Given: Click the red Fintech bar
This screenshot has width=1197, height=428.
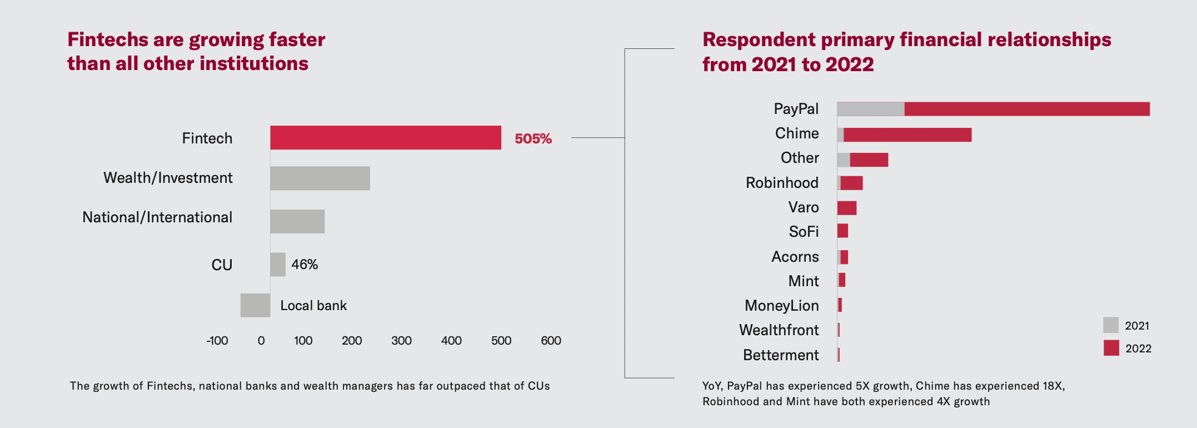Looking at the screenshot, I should [x=385, y=138].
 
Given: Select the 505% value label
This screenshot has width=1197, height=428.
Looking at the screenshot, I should [x=533, y=138].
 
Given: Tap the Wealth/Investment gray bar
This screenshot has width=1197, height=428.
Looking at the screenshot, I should [x=320, y=178].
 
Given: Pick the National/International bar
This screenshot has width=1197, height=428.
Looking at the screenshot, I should [x=297, y=221].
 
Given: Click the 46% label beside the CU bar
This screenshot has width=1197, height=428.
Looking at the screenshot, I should [x=305, y=265].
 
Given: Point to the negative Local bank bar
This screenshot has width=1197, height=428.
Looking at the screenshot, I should [x=255, y=305].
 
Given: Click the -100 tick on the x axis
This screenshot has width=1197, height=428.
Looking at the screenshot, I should [x=217, y=341].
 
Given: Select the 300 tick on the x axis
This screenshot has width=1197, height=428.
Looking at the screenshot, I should [x=401, y=341].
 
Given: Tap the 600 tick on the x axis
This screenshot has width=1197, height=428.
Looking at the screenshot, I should [x=551, y=341].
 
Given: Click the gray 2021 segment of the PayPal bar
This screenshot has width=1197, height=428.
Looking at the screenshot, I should [x=870, y=109].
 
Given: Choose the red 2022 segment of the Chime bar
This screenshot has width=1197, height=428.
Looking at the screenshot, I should [x=907, y=135].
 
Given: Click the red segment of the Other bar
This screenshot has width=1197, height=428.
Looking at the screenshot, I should [x=869, y=160].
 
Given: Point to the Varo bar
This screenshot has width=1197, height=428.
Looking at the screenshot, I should [x=847, y=208].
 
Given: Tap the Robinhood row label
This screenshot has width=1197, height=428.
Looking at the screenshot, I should [x=782, y=183].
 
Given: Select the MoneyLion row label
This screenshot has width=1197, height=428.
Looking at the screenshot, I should [x=781, y=306].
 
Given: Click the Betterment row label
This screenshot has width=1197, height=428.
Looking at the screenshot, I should [x=781, y=355].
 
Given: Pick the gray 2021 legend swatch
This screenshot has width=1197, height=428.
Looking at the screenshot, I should [x=1111, y=325].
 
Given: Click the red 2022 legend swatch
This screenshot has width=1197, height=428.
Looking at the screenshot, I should [x=1111, y=348].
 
